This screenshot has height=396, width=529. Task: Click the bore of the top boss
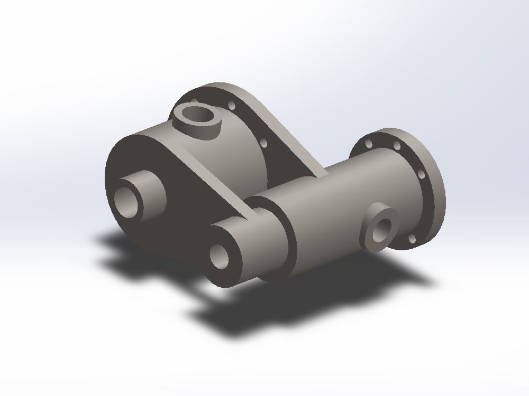[198, 113]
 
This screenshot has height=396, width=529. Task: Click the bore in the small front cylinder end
[218, 255]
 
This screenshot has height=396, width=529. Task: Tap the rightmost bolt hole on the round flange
[421, 174]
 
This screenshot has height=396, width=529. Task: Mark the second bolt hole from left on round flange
[396, 145]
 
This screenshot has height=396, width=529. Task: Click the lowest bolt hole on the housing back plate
[266, 142]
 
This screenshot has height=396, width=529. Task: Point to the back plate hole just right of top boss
[232, 105]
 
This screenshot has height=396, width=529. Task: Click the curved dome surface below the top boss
[233, 158]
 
